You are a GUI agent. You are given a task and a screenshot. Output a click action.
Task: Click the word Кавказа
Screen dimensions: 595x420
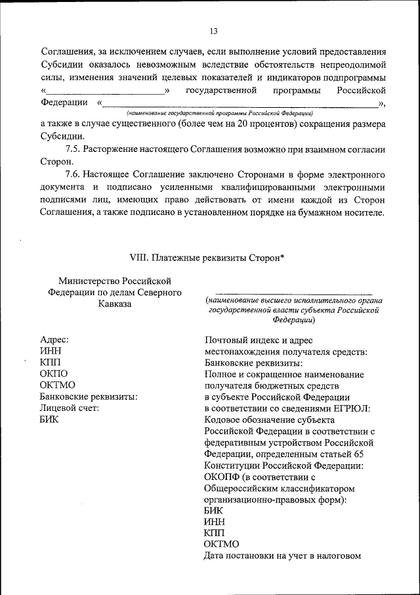coord(115,304)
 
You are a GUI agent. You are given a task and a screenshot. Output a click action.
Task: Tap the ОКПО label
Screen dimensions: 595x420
coord(54,373)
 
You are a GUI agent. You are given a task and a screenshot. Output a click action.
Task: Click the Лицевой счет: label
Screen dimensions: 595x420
coord(69,408)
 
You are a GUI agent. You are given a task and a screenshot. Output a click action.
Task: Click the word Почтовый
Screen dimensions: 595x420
coord(227,340)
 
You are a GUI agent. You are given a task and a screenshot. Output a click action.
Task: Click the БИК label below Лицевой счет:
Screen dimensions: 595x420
coord(49,420)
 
